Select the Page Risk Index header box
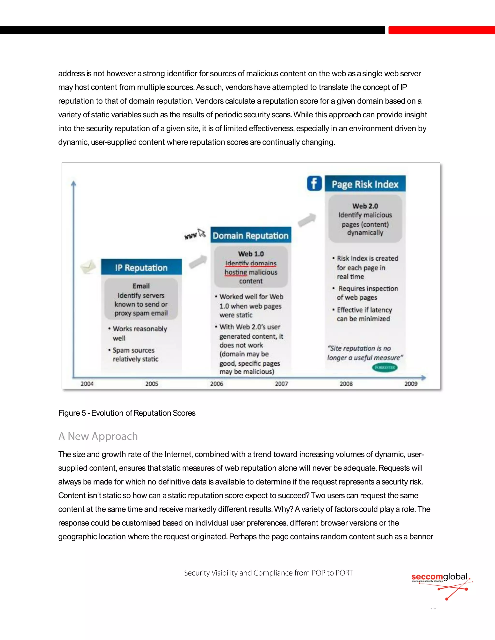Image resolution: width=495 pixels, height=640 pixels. point(365,184)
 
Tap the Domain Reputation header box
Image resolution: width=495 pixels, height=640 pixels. point(251,235)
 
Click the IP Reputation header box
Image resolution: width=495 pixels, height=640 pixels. point(141,267)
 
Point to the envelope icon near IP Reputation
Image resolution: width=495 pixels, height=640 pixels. point(88,266)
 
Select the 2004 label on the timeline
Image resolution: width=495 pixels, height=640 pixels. point(87,384)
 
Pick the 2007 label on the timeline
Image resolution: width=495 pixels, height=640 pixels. point(281,384)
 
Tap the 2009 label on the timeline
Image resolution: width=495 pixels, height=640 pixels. point(411,384)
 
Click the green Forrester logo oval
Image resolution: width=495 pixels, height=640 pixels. point(385,367)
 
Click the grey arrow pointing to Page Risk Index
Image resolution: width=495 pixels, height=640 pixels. point(307,220)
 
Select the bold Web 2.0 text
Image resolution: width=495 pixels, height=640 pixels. point(365,206)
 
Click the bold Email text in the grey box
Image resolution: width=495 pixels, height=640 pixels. point(141,286)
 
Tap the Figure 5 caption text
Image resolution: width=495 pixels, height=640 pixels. point(127,413)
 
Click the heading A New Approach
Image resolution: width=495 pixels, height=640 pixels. point(98,436)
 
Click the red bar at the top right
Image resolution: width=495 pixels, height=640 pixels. point(441,30)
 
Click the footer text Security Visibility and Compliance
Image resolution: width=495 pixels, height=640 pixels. point(268,573)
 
